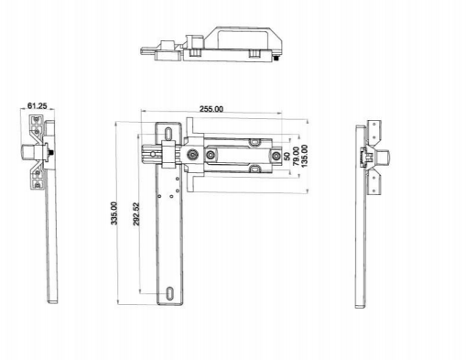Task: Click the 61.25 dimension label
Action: tap(38, 106)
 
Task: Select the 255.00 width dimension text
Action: tap(211, 109)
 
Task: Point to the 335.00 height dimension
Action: tap(114, 213)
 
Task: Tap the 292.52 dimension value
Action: tap(136, 214)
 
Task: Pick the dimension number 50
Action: tap(287, 157)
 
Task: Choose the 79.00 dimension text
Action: tap(296, 157)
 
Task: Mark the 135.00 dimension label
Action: tap(304, 156)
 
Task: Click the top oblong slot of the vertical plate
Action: tap(168, 134)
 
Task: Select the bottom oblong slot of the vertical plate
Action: tap(169, 293)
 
